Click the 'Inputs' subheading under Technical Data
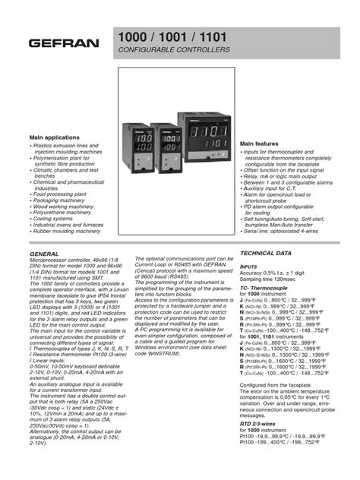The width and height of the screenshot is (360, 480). coord(251,267)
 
